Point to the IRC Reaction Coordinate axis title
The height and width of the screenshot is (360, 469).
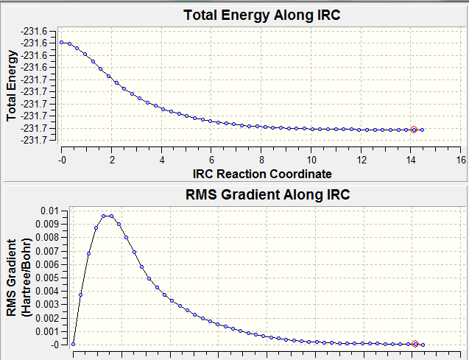(x=261, y=174)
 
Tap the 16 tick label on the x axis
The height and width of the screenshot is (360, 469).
(x=461, y=159)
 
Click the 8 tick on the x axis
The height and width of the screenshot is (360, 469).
(x=261, y=159)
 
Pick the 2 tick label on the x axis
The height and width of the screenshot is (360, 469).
(x=112, y=159)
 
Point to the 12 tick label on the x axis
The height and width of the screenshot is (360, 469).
(x=362, y=159)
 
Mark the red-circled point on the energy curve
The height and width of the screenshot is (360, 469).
(x=414, y=130)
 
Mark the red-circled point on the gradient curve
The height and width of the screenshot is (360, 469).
(x=415, y=344)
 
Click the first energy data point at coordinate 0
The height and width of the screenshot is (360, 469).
(x=62, y=43)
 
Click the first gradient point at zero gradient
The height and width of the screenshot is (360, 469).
(x=73, y=344)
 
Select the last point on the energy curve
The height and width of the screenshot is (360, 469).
(x=422, y=130)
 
